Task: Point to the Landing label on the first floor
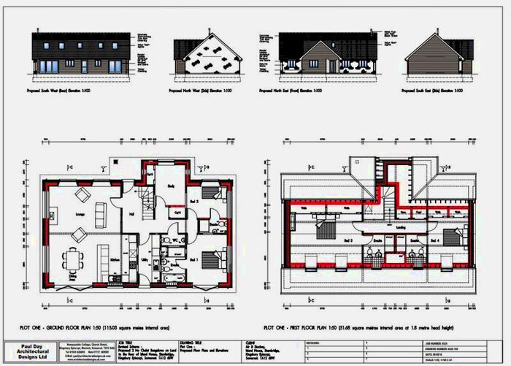click(401, 227)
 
